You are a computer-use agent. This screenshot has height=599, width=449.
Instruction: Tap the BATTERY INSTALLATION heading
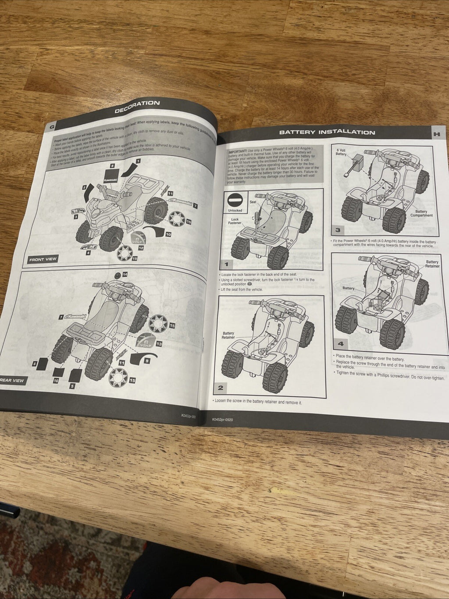click(327, 132)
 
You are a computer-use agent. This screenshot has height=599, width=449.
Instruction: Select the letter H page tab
click(436, 134)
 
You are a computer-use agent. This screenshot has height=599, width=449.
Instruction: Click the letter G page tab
click(52, 127)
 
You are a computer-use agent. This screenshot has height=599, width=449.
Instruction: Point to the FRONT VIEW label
click(43, 260)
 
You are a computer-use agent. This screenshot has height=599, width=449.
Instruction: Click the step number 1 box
click(226, 264)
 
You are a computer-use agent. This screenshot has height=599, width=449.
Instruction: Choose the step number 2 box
click(220, 388)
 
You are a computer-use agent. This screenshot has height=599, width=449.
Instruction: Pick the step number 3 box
click(338, 230)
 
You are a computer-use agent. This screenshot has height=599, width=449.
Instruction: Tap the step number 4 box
click(341, 344)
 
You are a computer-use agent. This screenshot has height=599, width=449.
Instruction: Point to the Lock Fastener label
click(235, 221)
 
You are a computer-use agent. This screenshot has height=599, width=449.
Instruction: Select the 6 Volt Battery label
click(341, 152)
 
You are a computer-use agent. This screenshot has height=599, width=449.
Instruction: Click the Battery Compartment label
click(421, 214)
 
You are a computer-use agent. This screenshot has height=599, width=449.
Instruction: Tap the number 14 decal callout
click(125, 275)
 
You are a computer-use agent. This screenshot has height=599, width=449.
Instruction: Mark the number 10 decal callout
click(168, 234)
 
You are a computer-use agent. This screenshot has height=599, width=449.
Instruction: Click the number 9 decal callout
click(147, 360)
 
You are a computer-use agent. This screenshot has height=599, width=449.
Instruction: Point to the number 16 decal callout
click(56, 381)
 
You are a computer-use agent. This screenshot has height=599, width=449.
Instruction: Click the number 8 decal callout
click(112, 166)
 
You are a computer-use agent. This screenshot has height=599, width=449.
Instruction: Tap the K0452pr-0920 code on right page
click(222, 419)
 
